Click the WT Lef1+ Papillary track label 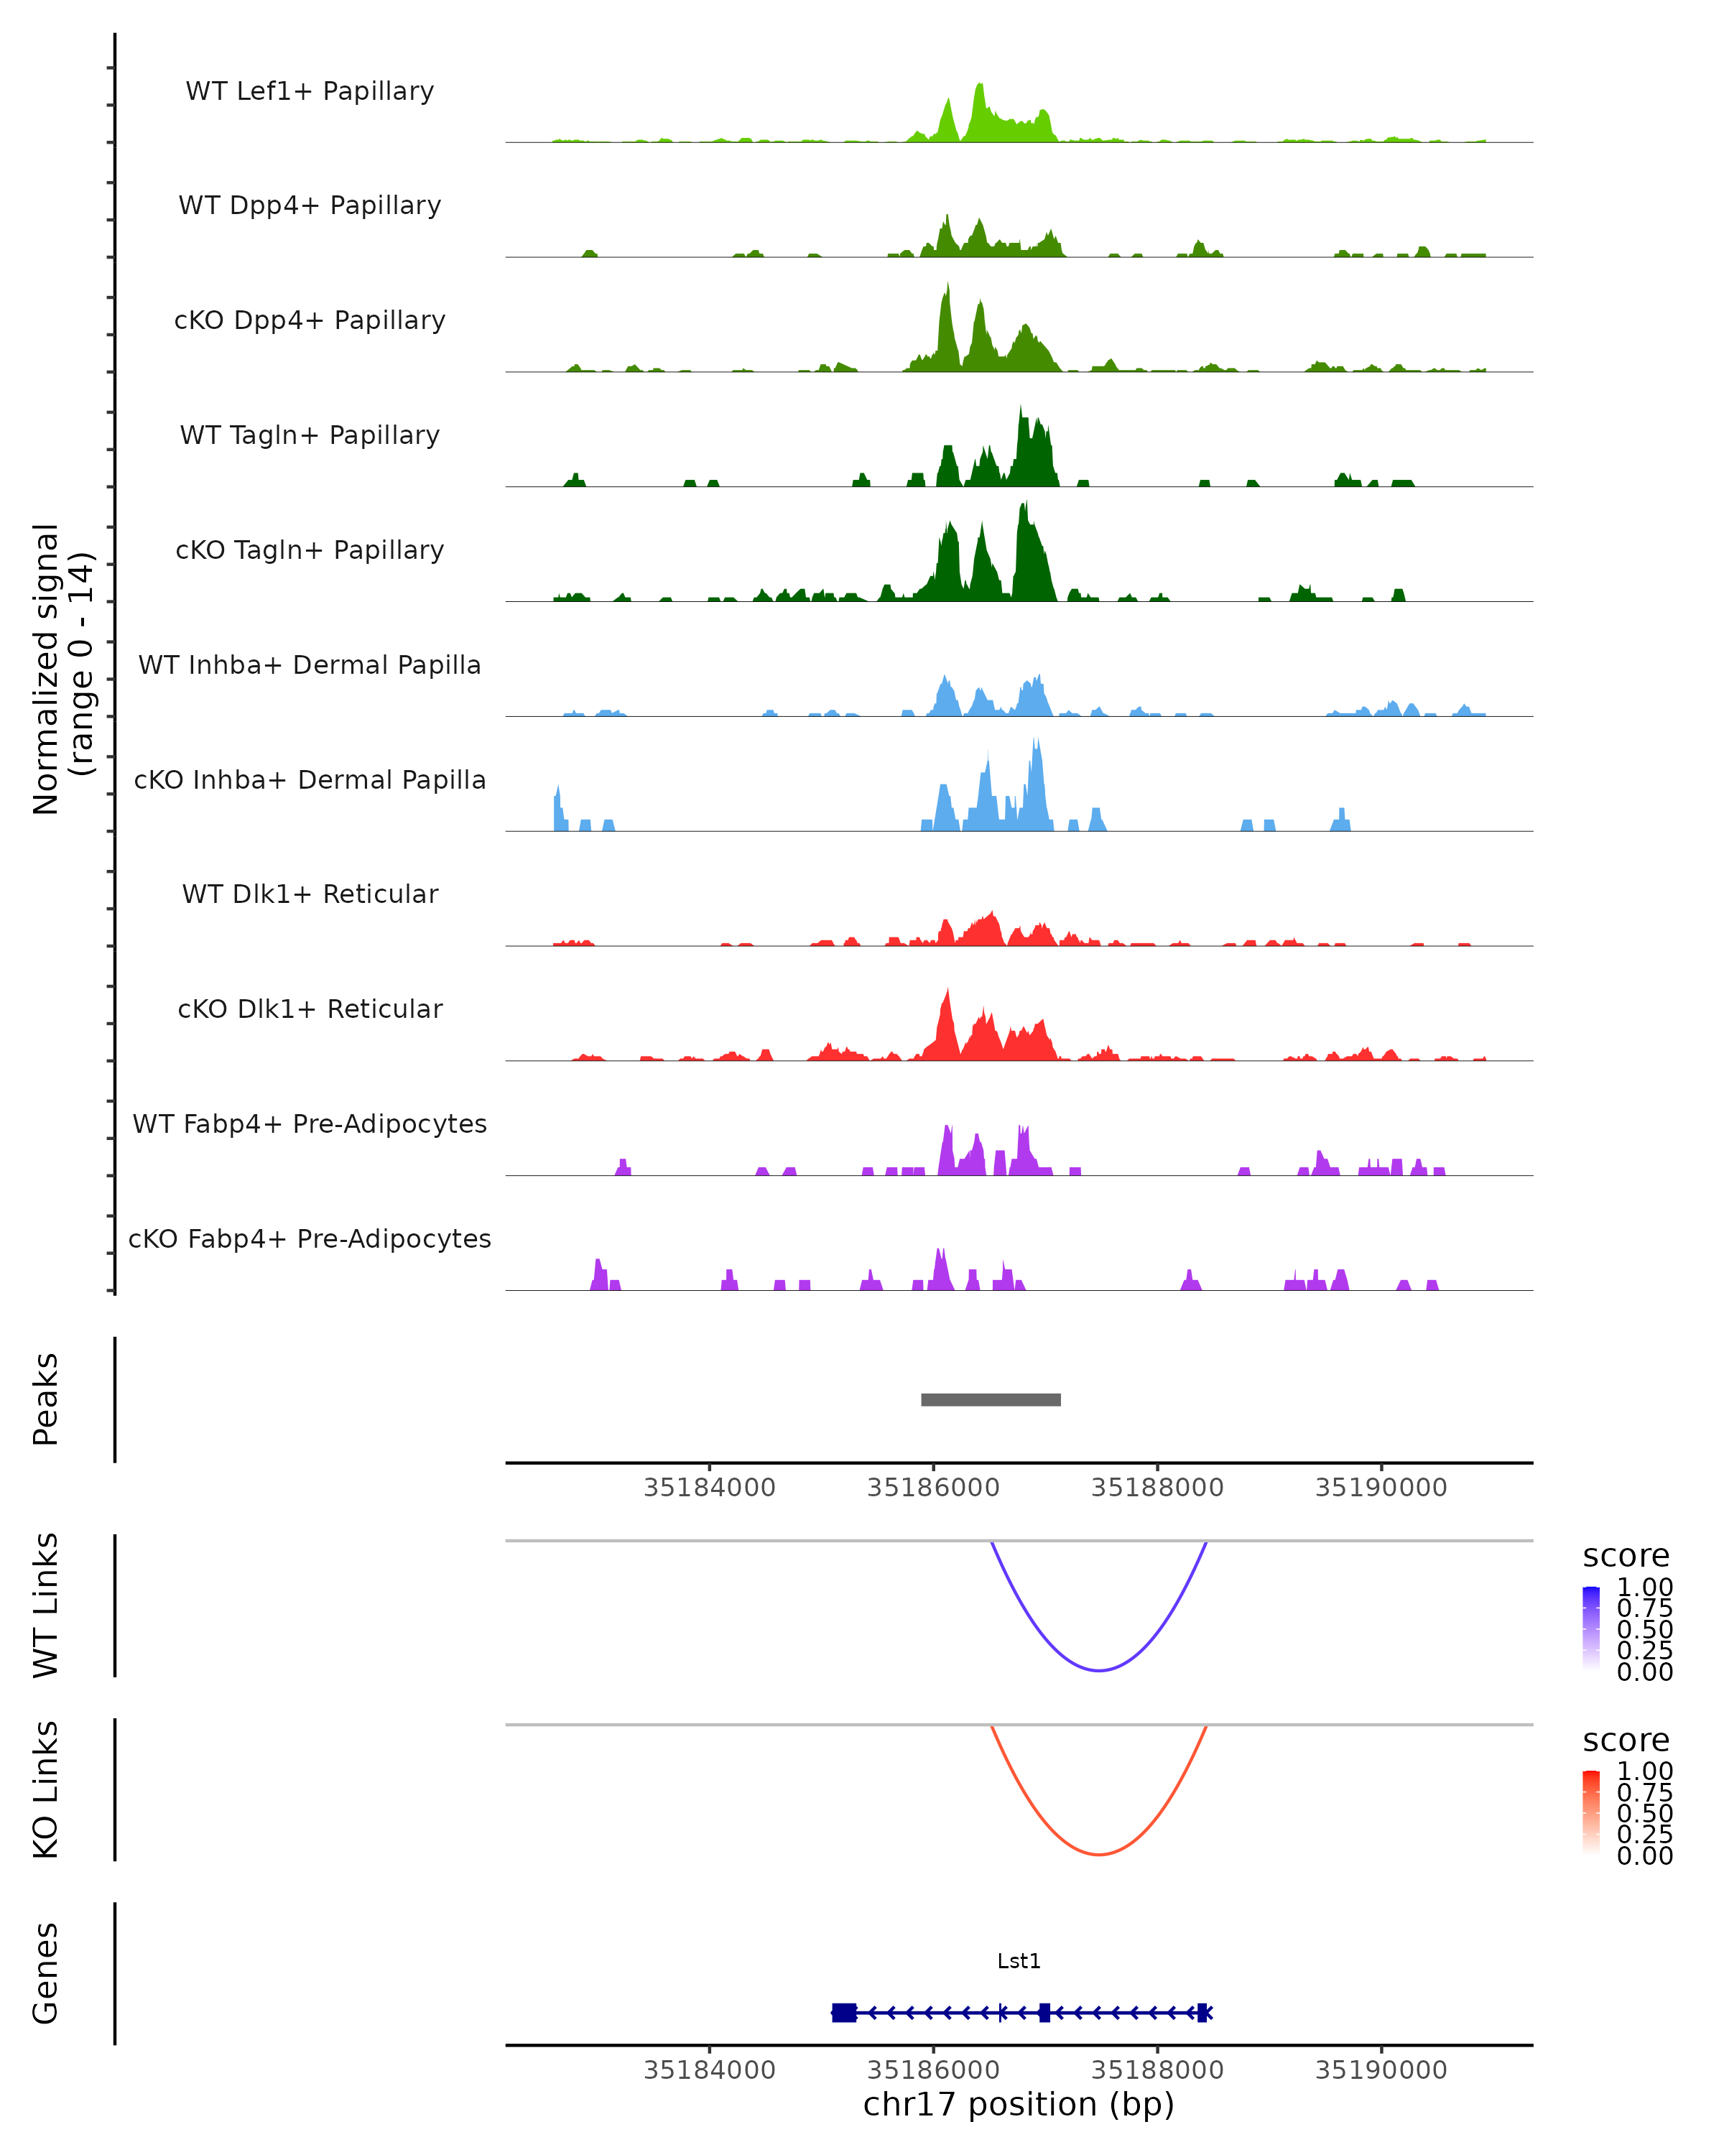pos(310,91)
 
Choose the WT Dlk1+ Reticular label pos(310,894)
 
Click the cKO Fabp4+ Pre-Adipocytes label pos(310,1238)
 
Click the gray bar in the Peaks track pos(991,1399)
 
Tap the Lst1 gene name pos(1019,1961)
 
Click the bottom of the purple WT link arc pos(1098,1669)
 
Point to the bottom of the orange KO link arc pos(1098,1854)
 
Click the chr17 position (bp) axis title pos(1019,2105)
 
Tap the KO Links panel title pos(46,1789)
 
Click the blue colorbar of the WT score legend pos(1591,1628)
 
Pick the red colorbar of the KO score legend pos(1591,1812)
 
